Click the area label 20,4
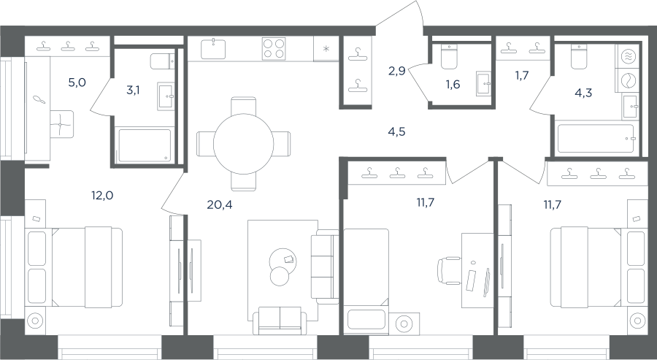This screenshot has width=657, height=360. click(x=220, y=204)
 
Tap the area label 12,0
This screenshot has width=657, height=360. click(x=102, y=195)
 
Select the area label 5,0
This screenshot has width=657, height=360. click(x=77, y=83)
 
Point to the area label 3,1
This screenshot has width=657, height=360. click(x=133, y=90)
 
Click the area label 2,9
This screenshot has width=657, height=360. click(x=396, y=71)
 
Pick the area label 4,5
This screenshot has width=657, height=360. click(x=396, y=132)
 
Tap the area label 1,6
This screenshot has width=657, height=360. click(x=453, y=84)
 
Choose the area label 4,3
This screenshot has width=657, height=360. click(x=583, y=93)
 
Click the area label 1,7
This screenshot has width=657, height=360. click(x=522, y=75)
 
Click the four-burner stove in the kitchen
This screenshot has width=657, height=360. click(x=274, y=49)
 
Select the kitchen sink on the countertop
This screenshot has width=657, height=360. click(x=213, y=49)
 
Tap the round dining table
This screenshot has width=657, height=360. click(x=243, y=144)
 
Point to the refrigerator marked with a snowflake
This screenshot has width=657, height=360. click(x=326, y=49)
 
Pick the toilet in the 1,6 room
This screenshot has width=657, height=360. click(x=449, y=56)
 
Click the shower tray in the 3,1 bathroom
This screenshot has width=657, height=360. click(x=144, y=145)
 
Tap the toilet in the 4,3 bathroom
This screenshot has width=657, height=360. click(x=579, y=56)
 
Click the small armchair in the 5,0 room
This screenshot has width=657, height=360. click(x=61, y=124)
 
